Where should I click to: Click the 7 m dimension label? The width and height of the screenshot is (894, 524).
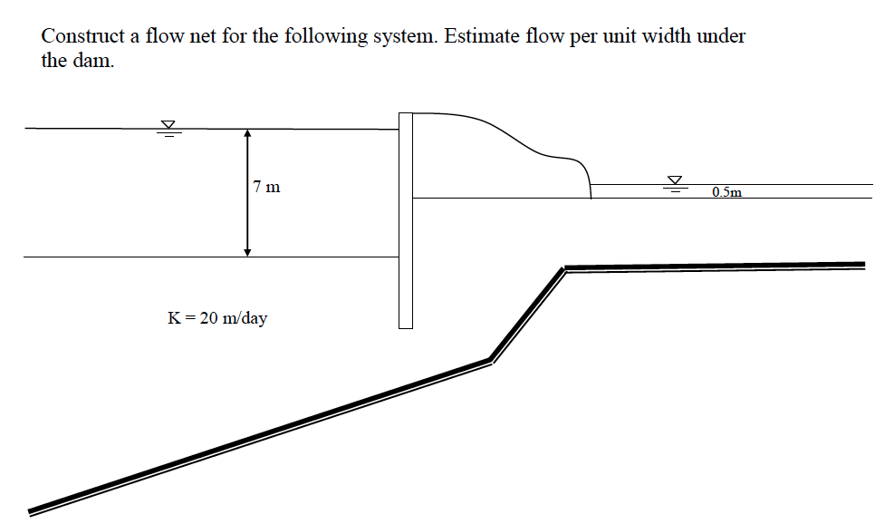pos(267,188)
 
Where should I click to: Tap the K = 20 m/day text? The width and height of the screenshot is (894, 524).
pos(217,318)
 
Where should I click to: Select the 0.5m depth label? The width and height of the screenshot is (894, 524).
pos(726,192)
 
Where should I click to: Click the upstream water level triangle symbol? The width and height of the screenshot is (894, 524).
pos(168,126)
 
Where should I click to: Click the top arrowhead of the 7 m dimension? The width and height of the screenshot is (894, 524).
pos(247,133)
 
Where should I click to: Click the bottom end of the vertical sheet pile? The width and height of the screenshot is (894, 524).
pos(405,325)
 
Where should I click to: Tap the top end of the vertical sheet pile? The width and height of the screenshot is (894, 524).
pos(405,114)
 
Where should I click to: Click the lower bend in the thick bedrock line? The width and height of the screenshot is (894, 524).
pos(490,360)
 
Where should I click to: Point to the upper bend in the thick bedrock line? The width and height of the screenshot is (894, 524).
pos(564,267)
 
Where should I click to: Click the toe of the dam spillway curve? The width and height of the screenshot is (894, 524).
pos(590,196)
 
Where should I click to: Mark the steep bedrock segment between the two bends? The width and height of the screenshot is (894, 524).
pos(527,314)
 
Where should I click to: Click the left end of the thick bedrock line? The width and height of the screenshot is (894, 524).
pos(32,509)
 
